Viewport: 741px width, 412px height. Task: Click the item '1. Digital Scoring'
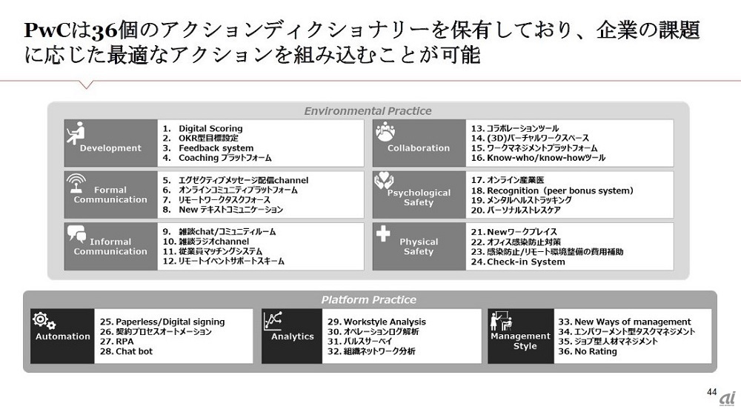pos(202,129)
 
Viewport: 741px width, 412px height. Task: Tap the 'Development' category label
pos(110,148)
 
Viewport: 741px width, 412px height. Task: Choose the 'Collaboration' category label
pos(419,148)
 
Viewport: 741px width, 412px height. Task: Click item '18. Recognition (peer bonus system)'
pos(552,190)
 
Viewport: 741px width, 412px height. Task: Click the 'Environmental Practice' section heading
pos(368,111)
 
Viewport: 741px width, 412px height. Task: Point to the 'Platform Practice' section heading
pos(368,300)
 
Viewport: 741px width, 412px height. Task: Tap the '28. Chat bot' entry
pos(124,351)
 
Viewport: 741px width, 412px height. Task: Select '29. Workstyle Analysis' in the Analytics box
pos(376,322)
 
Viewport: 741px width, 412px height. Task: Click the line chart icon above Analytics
pos(275,320)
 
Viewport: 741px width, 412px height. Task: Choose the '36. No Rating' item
pos(587,351)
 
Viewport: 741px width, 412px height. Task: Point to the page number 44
pos(712,391)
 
